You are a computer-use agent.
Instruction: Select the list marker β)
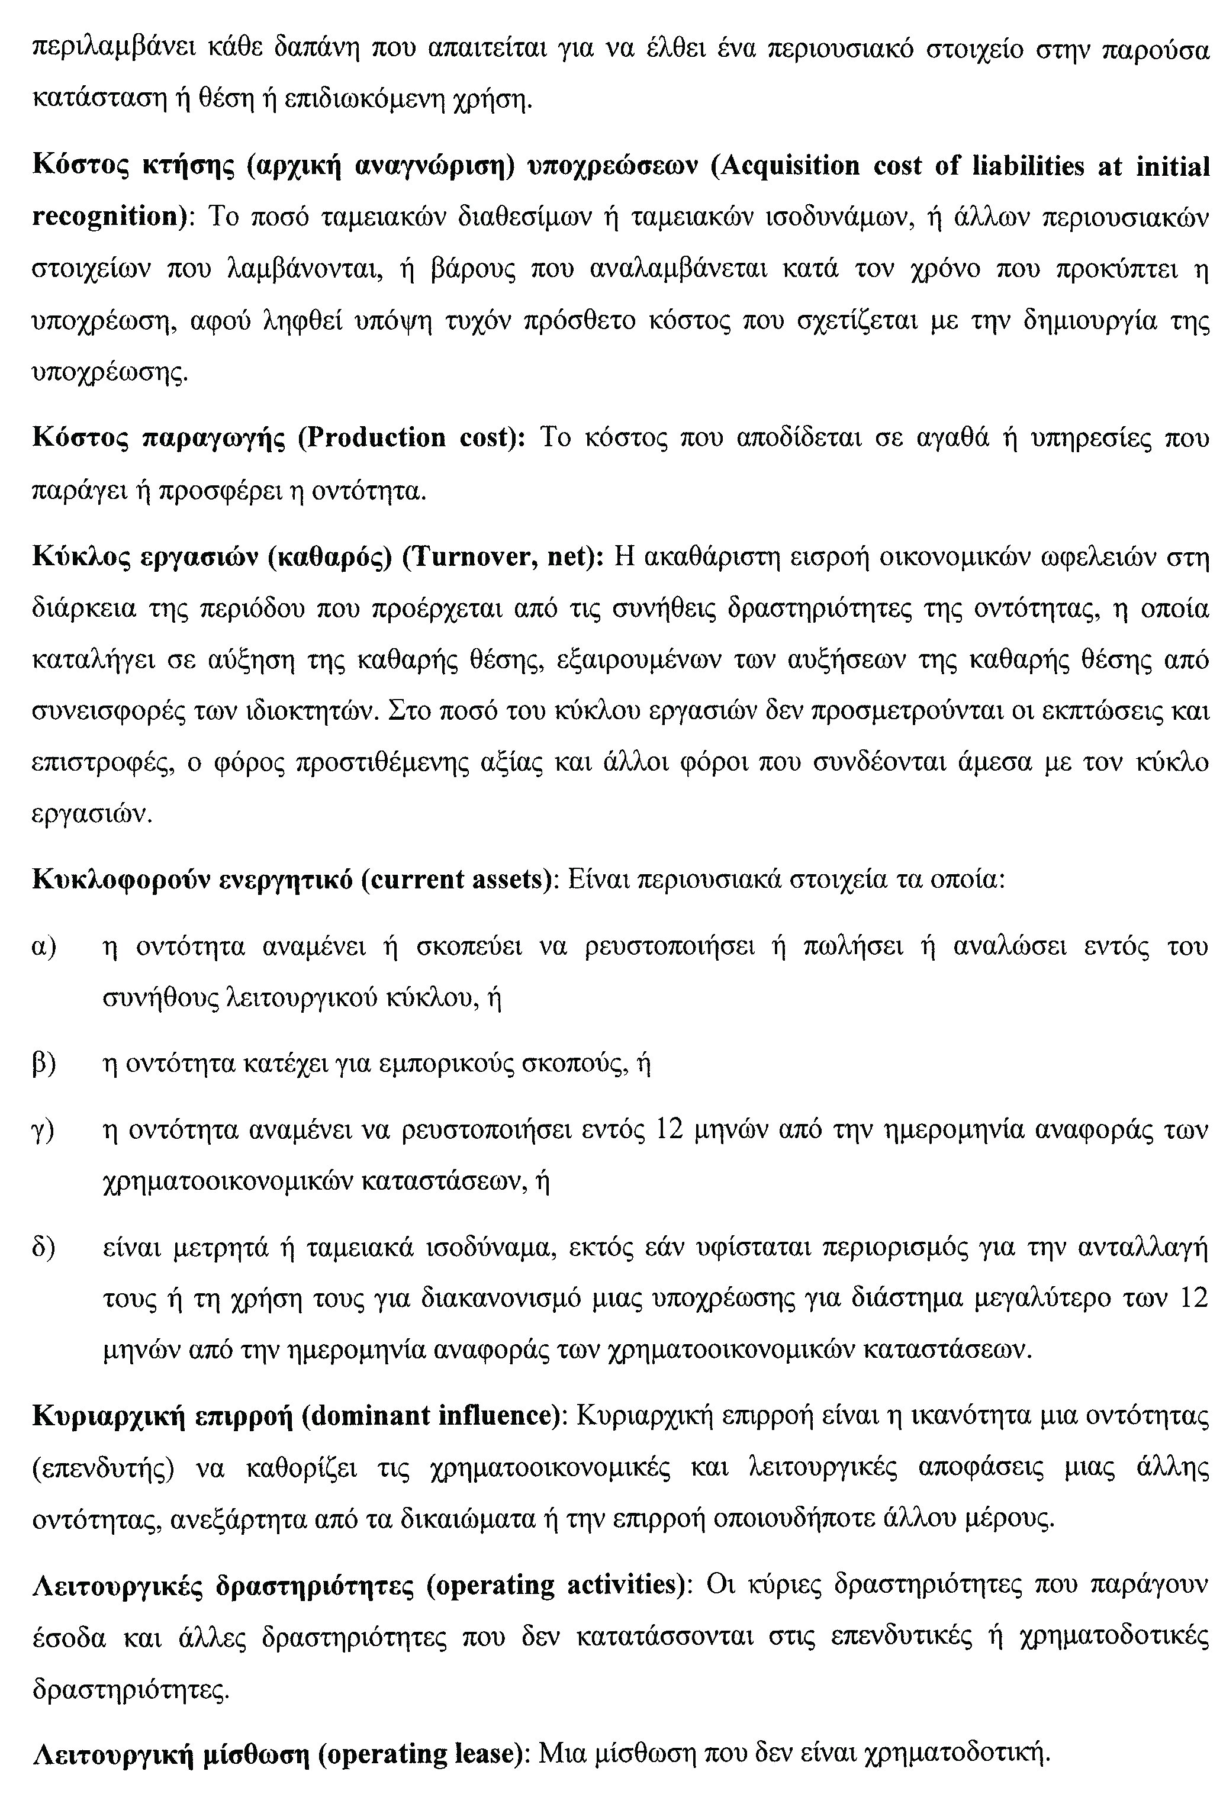tap(44, 1064)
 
